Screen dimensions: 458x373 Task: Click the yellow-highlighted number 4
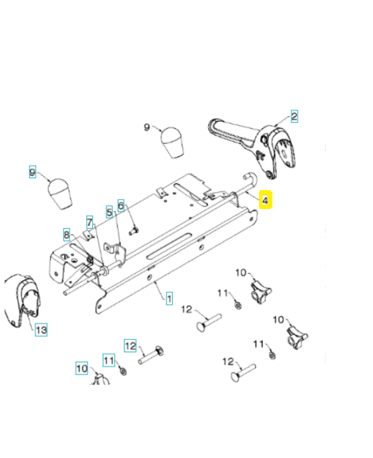click(x=265, y=200)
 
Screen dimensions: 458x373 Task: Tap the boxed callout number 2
click(x=294, y=117)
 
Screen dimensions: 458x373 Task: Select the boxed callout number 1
click(x=169, y=298)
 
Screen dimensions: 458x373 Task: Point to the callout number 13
click(x=41, y=330)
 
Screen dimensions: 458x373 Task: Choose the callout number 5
click(x=109, y=212)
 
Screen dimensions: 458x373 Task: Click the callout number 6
click(x=121, y=205)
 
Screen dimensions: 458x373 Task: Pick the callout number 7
click(x=90, y=221)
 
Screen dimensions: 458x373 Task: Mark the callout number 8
click(x=67, y=234)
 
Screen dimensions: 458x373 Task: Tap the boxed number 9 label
click(x=33, y=171)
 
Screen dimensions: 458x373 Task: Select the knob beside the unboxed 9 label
click(x=172, y=143)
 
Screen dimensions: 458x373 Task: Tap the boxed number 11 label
click(x=109, y=360)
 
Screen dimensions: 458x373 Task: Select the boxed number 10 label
click(x=82, y=369)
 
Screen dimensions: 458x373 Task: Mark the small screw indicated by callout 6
click(x=133, y=231)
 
